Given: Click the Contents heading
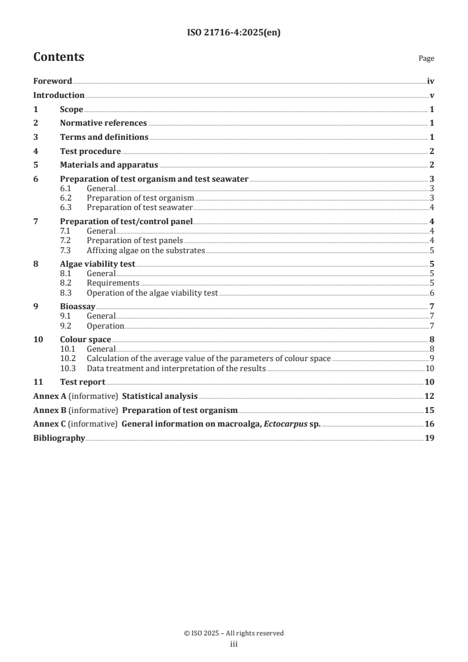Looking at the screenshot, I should (58, 57).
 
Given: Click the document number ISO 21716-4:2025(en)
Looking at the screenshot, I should (234, 33).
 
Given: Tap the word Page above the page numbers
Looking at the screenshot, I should (426, 58).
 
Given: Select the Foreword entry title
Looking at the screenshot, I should (53, 81).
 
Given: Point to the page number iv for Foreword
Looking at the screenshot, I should (431, 81).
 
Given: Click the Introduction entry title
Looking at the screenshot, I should (58, 96).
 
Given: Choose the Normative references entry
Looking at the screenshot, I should (103, 123).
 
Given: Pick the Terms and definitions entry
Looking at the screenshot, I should (104, 137).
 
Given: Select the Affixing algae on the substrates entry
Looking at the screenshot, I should (145, 250).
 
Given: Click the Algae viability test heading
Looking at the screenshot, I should (97, 264).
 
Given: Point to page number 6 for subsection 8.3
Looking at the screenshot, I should (432, 293).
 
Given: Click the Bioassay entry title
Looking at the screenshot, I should (77, 307).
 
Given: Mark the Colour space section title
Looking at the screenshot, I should (86, 339).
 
